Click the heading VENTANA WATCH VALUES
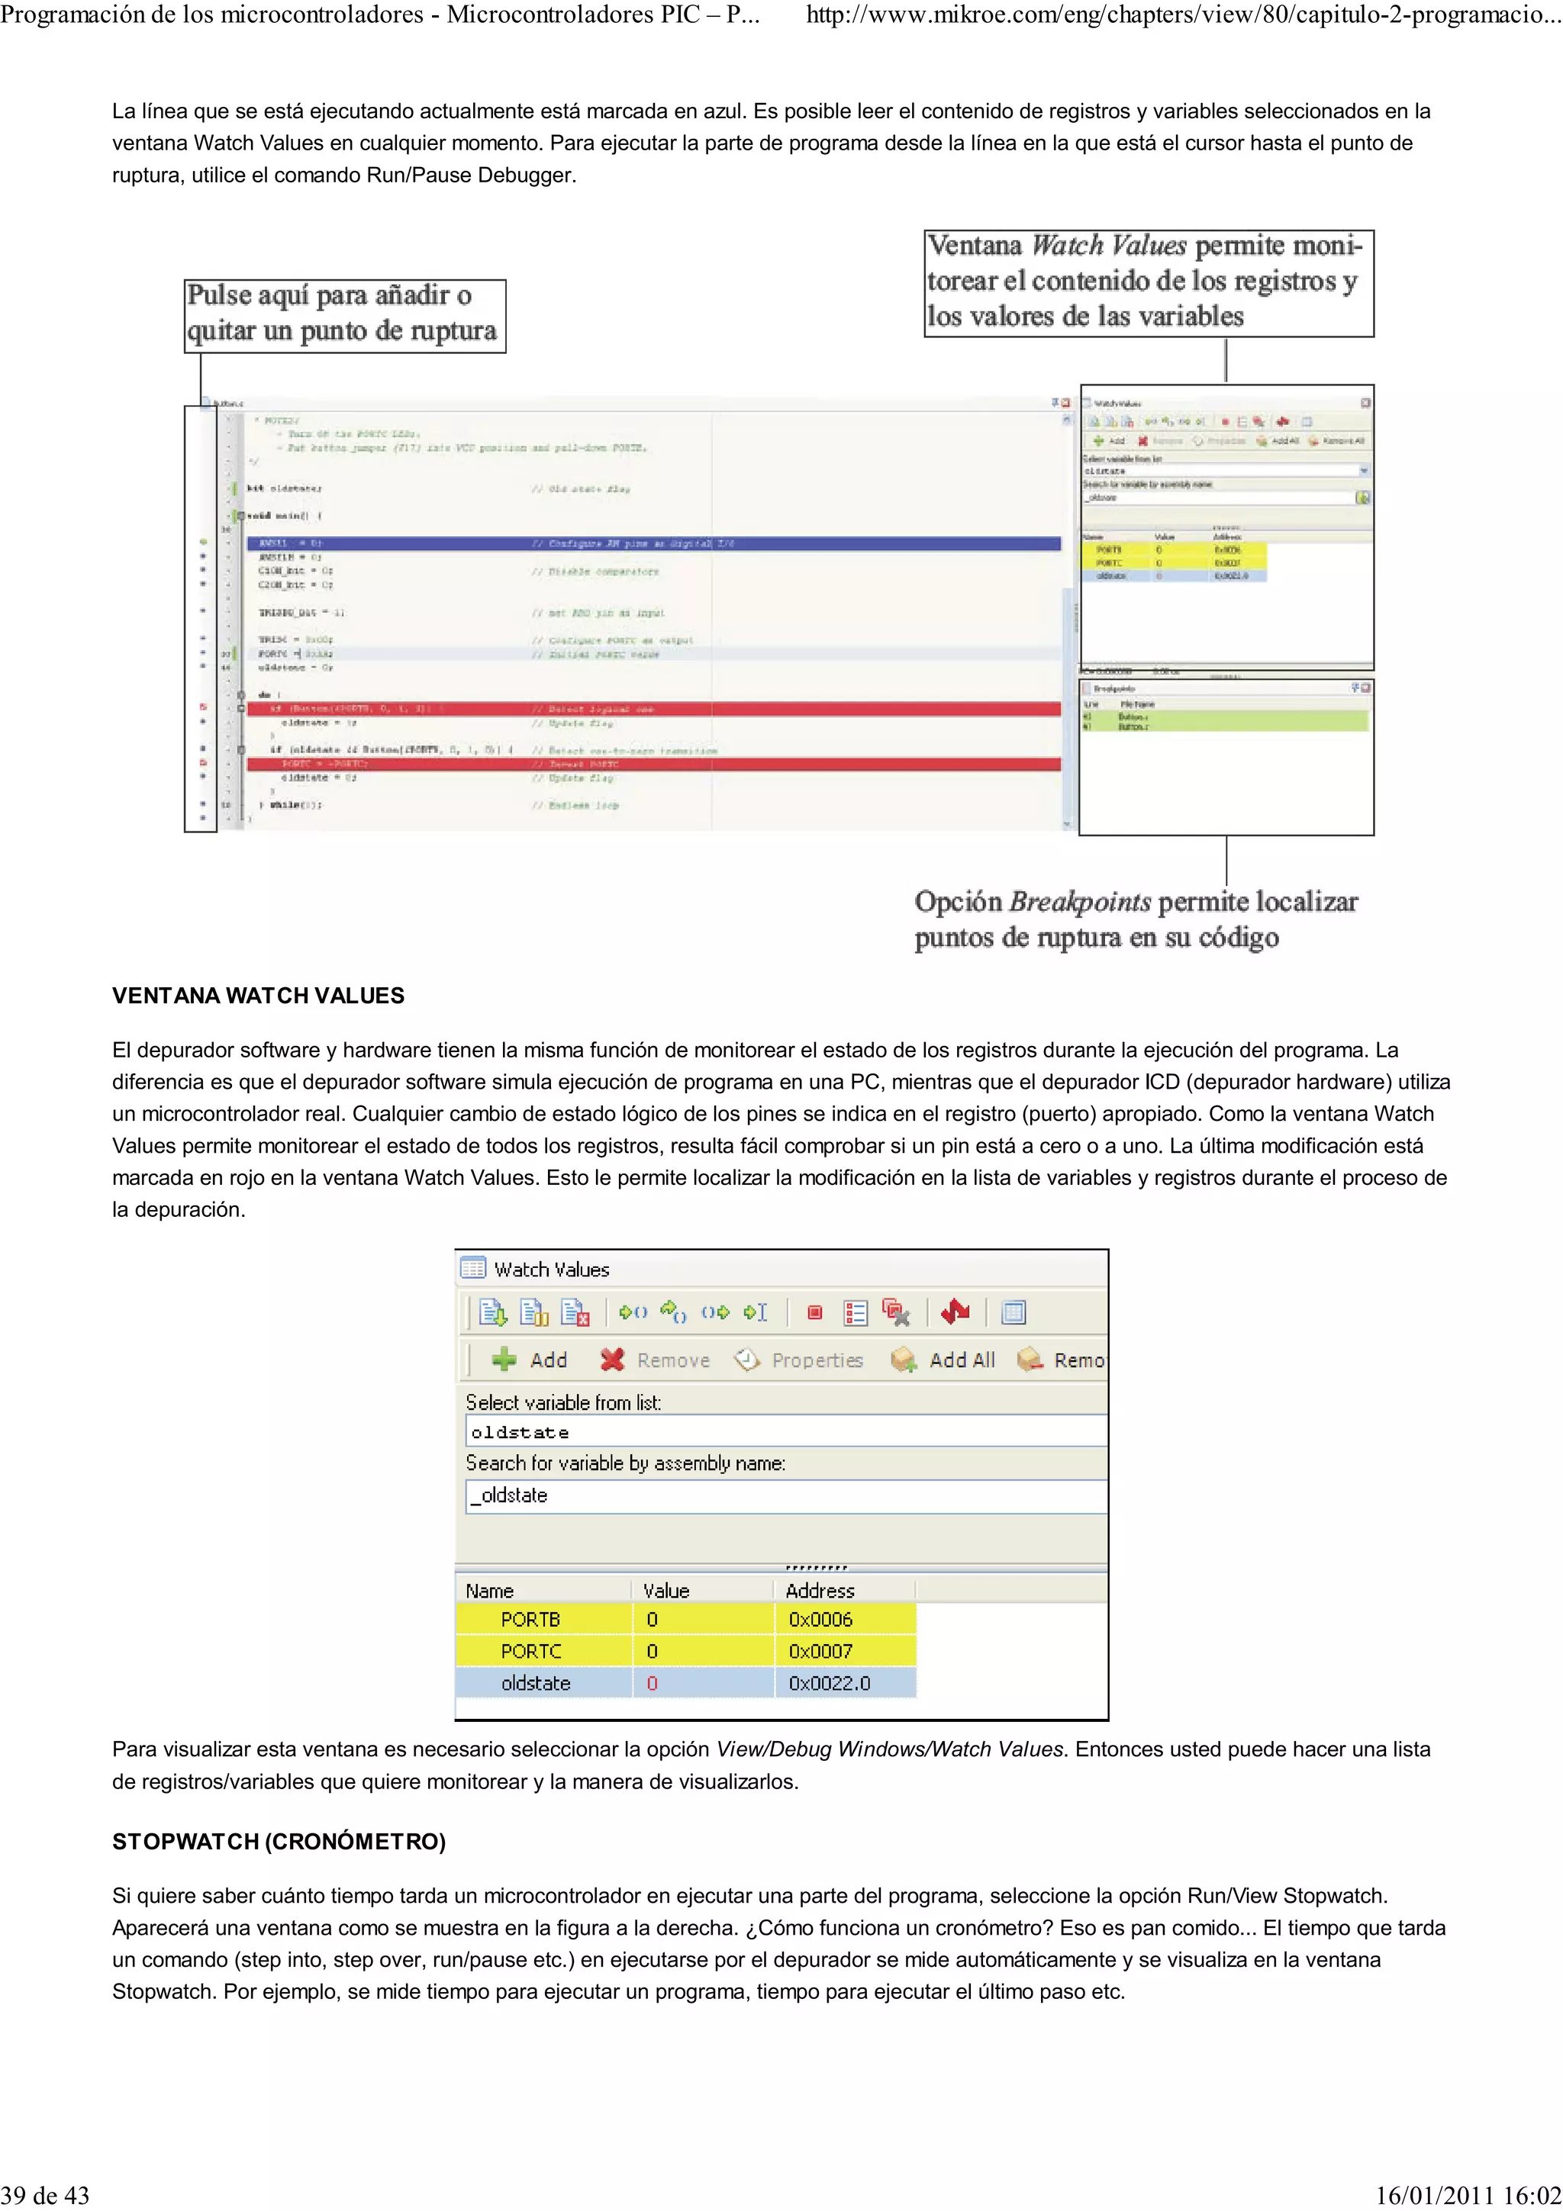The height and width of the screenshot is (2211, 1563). tap(258, 996)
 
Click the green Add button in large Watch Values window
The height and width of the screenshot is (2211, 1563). tap(530, 1360)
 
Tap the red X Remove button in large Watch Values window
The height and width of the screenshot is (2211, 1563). tap(655, 1360)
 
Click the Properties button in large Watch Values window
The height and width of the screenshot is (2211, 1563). tap(799, 1360)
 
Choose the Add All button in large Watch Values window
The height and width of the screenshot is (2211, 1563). tap(944, 1360)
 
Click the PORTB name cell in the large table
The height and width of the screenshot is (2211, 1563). tap(530, 1619)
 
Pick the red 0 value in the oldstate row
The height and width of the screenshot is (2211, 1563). tap(652, 1683)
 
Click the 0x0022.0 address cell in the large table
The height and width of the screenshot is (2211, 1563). tap(829, 1683)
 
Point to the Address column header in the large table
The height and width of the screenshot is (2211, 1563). tap(820, 1591)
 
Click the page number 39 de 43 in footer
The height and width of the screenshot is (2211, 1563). tap(45, 2195)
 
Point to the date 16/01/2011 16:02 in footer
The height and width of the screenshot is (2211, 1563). tap(1468, 2195)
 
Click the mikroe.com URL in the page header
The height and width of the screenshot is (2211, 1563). tap(1183, 14)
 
